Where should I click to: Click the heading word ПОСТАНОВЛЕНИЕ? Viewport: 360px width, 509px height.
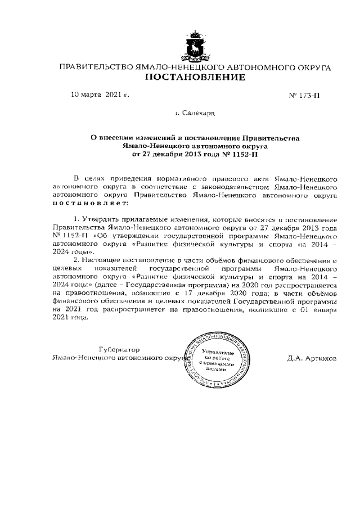click(195, 78)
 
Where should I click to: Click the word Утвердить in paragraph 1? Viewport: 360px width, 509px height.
click(101, 218)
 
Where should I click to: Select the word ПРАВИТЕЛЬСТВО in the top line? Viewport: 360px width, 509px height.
click(96, 67)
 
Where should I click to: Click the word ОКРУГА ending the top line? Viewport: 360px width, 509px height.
click(312, 67)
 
